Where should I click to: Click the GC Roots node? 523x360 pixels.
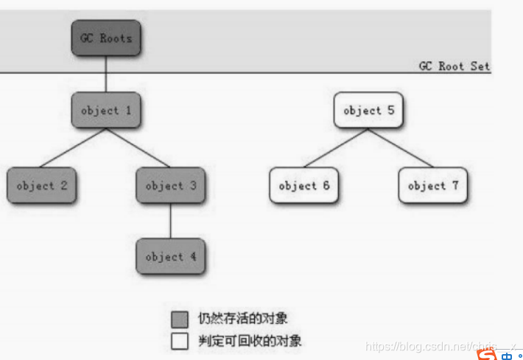(x=105, y=38)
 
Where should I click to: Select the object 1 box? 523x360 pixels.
(x=105, y=110)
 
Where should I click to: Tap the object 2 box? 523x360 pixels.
(x=41, y=186)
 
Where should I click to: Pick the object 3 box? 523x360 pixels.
(x=170, y=186)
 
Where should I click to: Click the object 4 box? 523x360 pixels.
(x=170, y=256)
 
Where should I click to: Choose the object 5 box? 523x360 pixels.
(x=368, y=110)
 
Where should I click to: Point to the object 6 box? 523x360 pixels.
(x=303, y=186)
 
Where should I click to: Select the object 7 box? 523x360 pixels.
(x=433, y=186)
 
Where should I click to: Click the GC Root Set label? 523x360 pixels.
(x=454, y=66)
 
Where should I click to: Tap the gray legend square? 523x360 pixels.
(x=180, y=320)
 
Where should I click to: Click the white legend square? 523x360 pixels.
(x=180, y=342)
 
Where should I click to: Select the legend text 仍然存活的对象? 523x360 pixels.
(x=242, y=320)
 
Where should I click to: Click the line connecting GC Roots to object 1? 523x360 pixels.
(x=105, y=74)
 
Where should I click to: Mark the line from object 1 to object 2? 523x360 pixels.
(x=74, y=147)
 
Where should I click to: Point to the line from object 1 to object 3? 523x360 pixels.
(x=138, y=147)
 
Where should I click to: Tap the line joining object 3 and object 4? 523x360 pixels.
(x=170, y=221)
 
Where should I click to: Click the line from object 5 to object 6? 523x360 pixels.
(x=336, y=147)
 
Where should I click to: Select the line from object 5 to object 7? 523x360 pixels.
(x=401, y=147)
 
